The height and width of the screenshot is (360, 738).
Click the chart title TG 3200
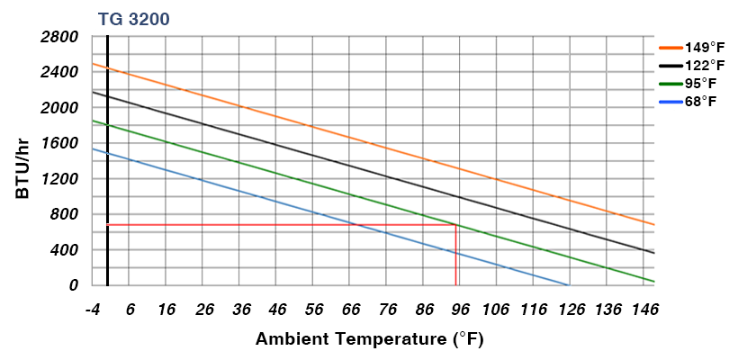[x=133, y=18]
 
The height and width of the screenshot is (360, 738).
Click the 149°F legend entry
[x=693, y=48]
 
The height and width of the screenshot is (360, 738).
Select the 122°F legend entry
[x=693, y=66]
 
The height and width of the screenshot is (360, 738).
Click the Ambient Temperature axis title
[x=370, y=339]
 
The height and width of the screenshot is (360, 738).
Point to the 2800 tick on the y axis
[x=60, y=37]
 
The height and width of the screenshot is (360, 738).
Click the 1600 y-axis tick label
[x=60, y=143]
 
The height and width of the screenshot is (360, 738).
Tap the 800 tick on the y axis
[x=65, y=214]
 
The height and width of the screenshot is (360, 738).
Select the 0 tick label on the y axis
[x=74, y=285]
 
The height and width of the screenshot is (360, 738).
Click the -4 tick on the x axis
[x=92, y=310]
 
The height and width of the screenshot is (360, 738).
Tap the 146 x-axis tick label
[x=643, y=310]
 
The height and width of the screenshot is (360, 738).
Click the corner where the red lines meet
[x=456, y=224]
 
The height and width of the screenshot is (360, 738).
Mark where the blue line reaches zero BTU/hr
[x=569, y=285]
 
